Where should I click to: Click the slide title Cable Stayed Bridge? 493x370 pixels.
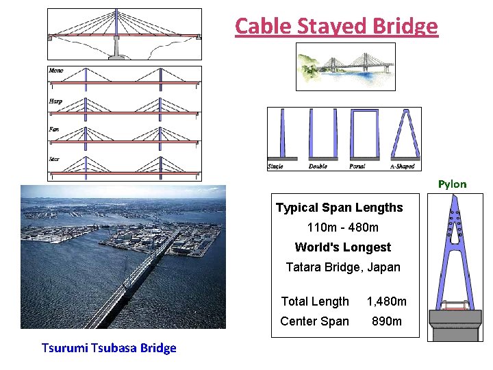336,26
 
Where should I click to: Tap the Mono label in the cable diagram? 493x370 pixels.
55,71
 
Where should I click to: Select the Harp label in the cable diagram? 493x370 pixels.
55,101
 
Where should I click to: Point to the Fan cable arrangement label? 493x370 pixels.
54,129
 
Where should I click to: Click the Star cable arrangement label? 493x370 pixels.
54,159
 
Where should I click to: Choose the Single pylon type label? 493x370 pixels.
276,166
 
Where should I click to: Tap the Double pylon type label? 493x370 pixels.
318,166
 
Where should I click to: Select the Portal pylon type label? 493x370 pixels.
357,166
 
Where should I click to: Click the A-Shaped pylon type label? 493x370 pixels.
402,166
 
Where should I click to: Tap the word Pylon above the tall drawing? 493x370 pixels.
452,184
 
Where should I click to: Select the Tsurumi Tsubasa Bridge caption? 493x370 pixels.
109,347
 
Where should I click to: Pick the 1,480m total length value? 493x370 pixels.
386,301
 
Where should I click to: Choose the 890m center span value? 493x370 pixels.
386,321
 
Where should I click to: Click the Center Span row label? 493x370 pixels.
314,321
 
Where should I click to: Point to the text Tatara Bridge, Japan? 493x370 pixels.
343,267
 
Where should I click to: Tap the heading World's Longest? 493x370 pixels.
343,247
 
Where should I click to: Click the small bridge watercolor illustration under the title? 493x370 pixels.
346,66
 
